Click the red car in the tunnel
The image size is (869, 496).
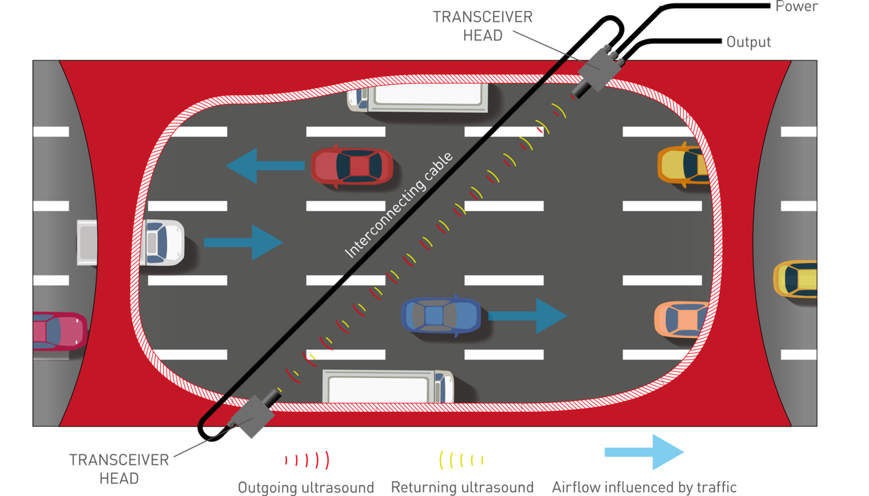[x=352, y=166]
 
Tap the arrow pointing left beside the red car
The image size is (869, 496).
[x=265, y=166]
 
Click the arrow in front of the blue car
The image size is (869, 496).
[x=528, y=316]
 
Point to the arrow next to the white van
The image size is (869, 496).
[x=243, y=242]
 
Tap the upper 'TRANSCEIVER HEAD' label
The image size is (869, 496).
[x=483, y=26]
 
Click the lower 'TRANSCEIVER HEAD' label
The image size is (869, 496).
[x=119, y=469]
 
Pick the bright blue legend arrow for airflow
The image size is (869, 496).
[x=644, y=452]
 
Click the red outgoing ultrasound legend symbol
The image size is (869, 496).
[x=308, y=460]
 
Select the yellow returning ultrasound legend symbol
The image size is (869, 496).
[x=461, y=460]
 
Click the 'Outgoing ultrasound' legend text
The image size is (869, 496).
[x=306, y=487]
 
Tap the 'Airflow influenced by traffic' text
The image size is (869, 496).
[x=644, y=487]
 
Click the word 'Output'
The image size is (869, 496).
[x=749, y=42]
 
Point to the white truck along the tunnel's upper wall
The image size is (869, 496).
[x=418, y=98]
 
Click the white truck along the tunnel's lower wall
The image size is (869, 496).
[x=388, y=386]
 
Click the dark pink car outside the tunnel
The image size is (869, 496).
[x=60, y=332]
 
